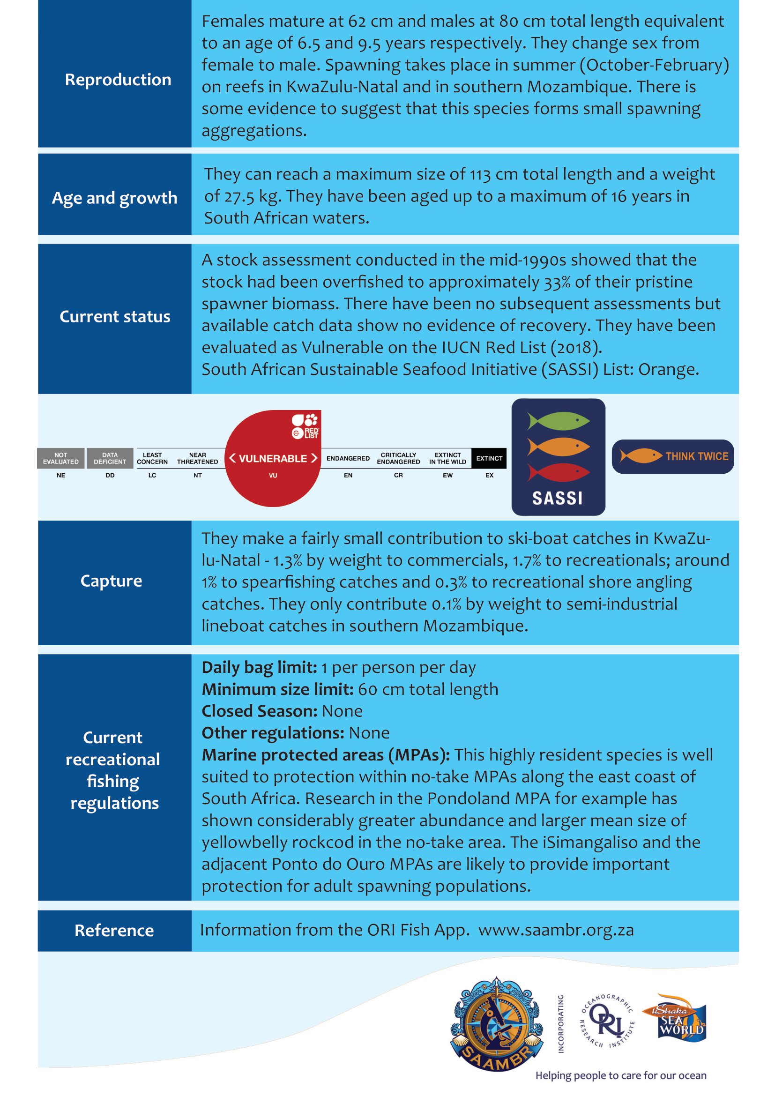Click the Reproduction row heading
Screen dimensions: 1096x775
pyautogui.click(x=118, y=80)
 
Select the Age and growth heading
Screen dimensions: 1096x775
pyautogui.click(x=114, y=198)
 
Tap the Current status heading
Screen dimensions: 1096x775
pyautogui.click(x=114, y=316)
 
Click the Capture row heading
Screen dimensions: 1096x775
pyautogui.click(x=111, y=581)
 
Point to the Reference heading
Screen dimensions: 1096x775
pyautogui.click(x=114, y=931)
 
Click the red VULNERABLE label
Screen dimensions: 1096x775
pyautogui.click(x=273, y=458)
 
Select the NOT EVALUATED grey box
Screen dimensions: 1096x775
pyautogui.click(x=60, y=458)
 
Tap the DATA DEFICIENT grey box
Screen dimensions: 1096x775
pyautogui.click(x=110, y=458)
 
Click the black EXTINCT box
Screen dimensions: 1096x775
pyautogui.click(x=489, y=458)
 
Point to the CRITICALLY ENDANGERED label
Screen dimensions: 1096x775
pyautogui.click(x=398, y=458)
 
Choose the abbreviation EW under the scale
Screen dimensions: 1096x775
pyautogui.click(x=447, y=476)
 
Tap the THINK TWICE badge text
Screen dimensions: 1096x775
pyautogui.click(x=697, y=456)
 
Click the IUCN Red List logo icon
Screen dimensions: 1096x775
pyautogui.click(x=306, y=426)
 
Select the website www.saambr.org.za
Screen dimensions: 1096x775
pyautogui.click(x=556, y=930)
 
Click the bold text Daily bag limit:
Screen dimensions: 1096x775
pyautogui.click(x=259, y=667)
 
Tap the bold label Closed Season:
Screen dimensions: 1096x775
pyautogui.click(x=259, y=711)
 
